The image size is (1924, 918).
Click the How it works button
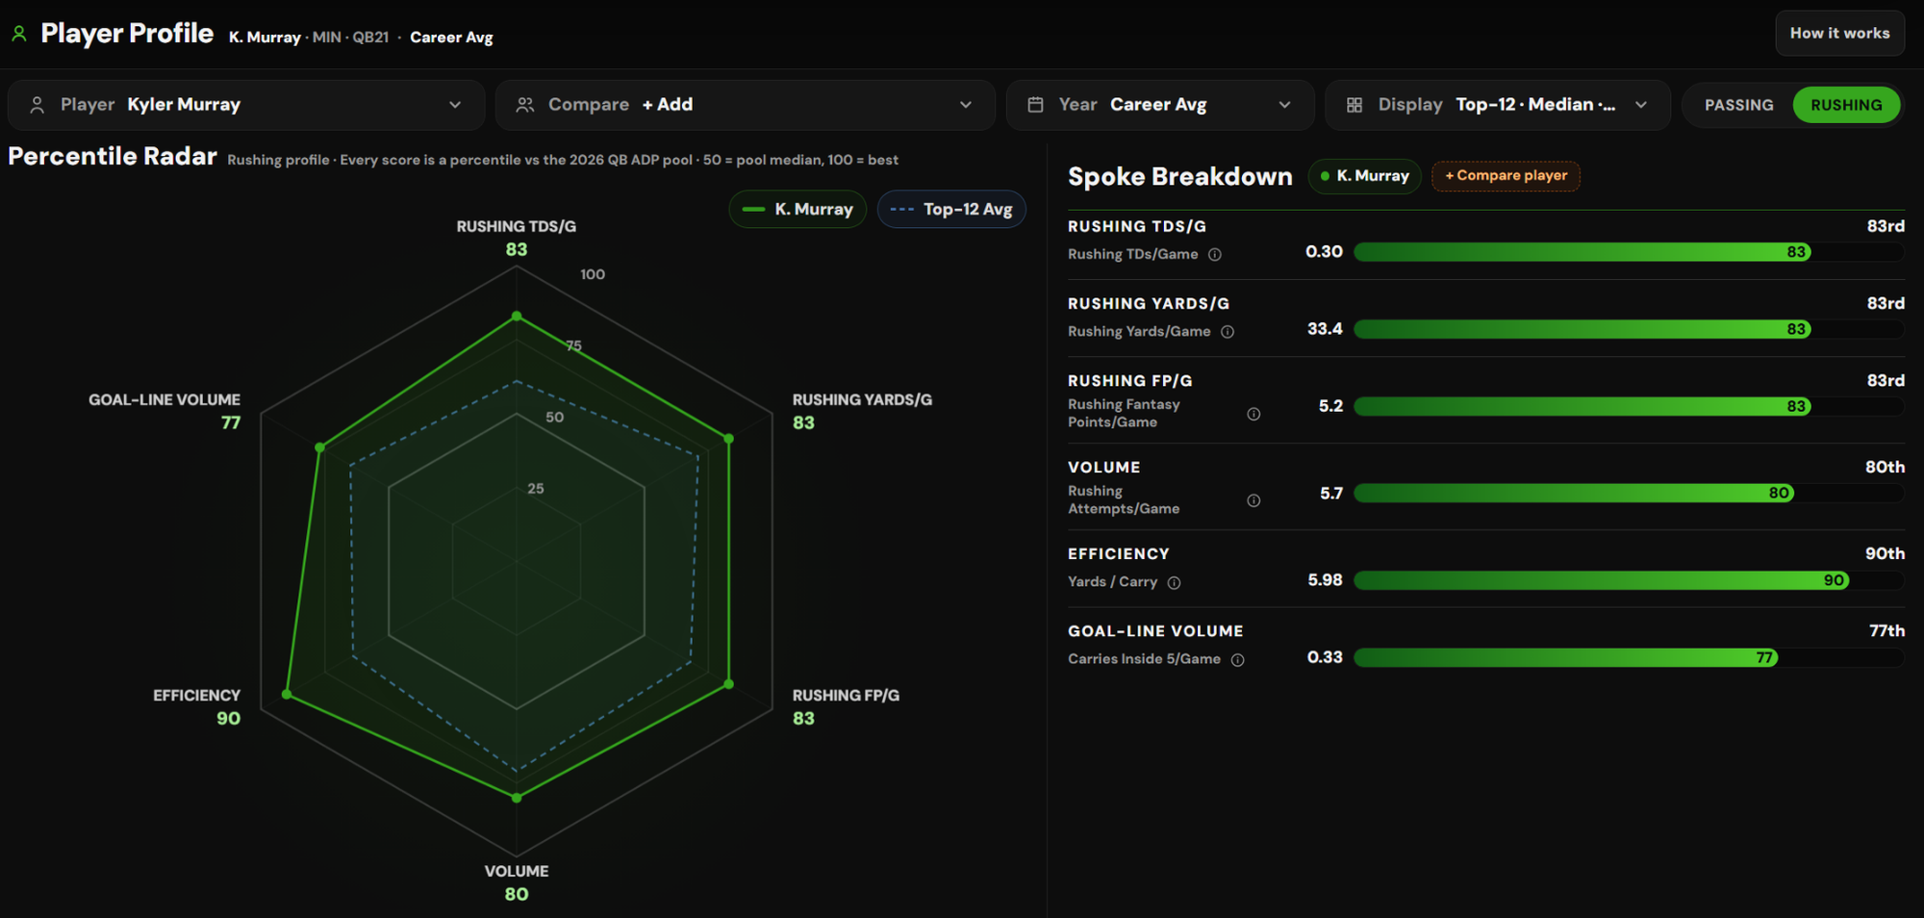pyautogui.click(x=1839, y=33)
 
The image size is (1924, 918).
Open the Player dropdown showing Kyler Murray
pyautogui.click(x=246, y=105)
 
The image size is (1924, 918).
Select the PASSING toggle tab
pyautogui.click(x=1738, y=105)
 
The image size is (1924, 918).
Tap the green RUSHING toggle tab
pyautogui.click(x=1846, y=105)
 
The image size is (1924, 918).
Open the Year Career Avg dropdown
pyautogui.click(x=1160, y=105)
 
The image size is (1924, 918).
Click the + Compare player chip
pyautogui.click(x=1506, y=175)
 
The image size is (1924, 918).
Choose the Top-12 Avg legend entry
pyautogui.click(x=951, y=209)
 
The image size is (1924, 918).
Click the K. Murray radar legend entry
pyautogui.click(x=797, y=209)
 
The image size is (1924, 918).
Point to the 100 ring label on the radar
pyautogui.click(x=593, y=274)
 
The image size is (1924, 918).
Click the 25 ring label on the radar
pyautogui.click(x=536, y=489)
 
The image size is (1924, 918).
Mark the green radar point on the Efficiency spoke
pyautogui.click(x=287, y=694)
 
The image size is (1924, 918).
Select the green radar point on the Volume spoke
pyautogui.click(x=517, y=798)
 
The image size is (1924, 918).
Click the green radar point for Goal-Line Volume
pyautogui.click(x=320, y=447)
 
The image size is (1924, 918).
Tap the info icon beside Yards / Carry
pyautogui.click(x=1174, y=582)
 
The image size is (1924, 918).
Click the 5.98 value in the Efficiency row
pyautogui.click(x=1325, y=580)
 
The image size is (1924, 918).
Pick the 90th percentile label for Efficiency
pyautogui.click(x=1885, y=553)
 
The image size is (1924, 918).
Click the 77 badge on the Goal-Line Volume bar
pyautogui.click(x=1764, y=658)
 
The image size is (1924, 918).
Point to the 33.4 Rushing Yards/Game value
pyautogui.click(x=1325, y=329)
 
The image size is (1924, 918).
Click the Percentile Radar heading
pyautogui.click(x=113, y=156)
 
